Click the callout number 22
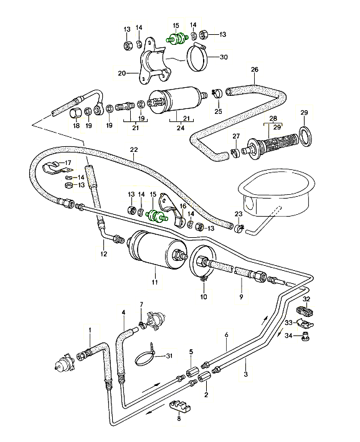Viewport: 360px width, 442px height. (x=133, y=149)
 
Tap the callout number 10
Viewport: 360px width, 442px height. (x=202, y=297)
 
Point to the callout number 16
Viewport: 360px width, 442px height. (x=183, y=205)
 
